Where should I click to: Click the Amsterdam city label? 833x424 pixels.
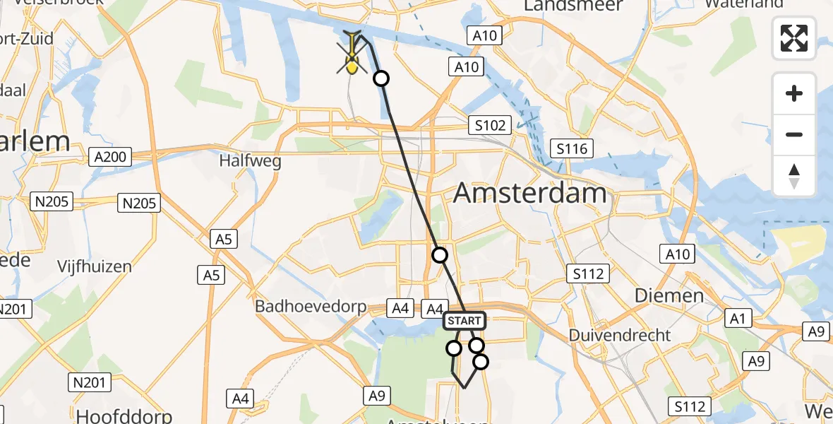pyautogui.click(x=530, y=193)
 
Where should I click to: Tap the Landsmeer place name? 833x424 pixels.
pyautogui.click(x=573, y=6)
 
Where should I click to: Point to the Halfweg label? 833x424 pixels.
pyautogui.click(x=250, y=161)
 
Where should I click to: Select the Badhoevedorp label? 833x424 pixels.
pyautogui.click(x=310, y=307)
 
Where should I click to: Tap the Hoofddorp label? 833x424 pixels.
pyautogui.click(x=124, y=415)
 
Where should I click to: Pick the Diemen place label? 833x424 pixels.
pyautogui.click(x=669, y=295)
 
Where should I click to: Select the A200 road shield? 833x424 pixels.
pyautogui.click(x=111, y=157)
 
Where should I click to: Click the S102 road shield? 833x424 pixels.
pyautogui.click(x=490, y=126)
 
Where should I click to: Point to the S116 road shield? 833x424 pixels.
pyautogui.click(x=572, y=149)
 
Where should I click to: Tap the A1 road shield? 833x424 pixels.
pyautogui.click(x=738, y=319)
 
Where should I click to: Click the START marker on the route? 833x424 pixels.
pyautogui.click(x=464, y=321)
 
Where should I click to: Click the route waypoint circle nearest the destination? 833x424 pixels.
pyautogui.click(x=381, y=78)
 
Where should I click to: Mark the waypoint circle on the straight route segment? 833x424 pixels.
pyautogui.click(x=440, y=255)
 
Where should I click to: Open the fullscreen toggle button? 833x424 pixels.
pyautogui.click(x=794, y=38)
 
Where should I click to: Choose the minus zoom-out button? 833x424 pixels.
pyautogui.click(x=794, y=134)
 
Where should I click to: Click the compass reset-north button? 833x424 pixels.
pyautogui.click(x=794, y=175)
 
